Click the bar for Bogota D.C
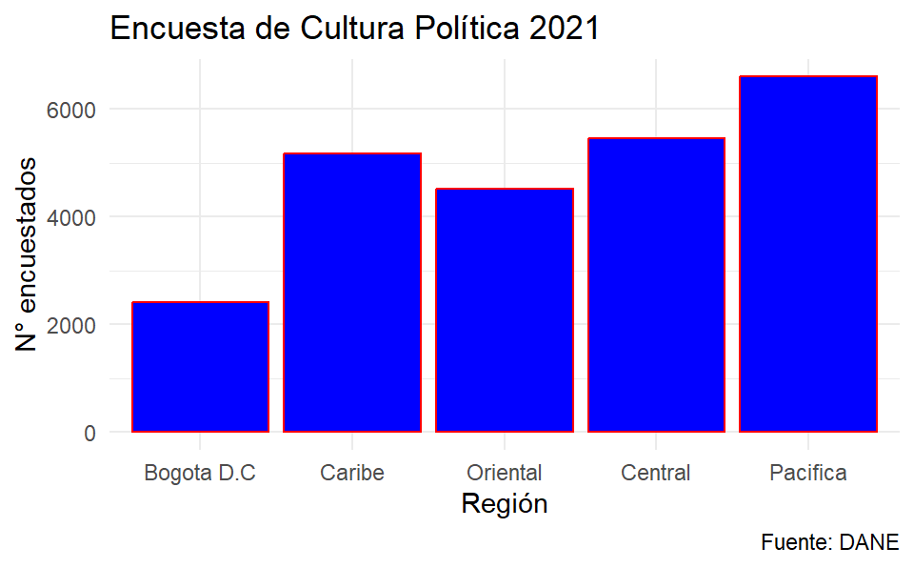(200, 367)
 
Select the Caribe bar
(352, 293)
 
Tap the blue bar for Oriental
(505, 311)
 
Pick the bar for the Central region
(656, 285)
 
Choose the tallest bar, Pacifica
(807, 254)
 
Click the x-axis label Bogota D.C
(200, 473)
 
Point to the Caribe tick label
(352, 473)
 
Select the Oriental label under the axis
(505, 473)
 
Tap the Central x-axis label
(656, 473)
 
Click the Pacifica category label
(807, 473)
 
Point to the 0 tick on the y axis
(89, 433)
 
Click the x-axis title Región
(504, 504)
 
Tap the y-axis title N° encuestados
(30, 254)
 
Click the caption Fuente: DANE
(829, 543)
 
